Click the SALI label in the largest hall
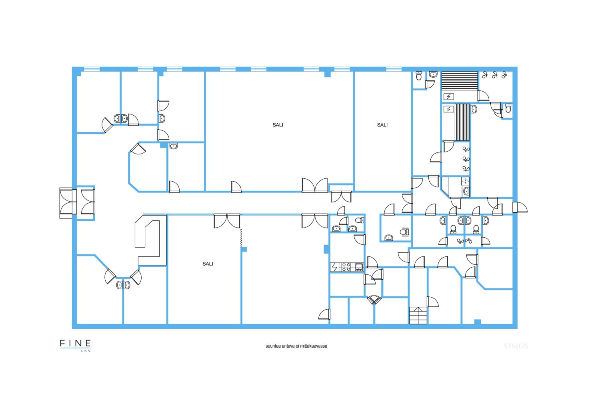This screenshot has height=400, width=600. [278, 125]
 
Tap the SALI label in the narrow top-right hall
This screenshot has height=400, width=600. [382, 125]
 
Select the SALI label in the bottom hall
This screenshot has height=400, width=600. [208, 264]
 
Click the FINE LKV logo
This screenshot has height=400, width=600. [75, 346]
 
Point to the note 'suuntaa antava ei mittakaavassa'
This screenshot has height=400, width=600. [296, 346]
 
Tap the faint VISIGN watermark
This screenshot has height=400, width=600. [516, 346]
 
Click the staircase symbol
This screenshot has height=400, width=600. [418, 316]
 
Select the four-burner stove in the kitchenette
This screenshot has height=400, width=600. [346, 267]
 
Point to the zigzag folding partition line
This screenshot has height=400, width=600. [241, 238]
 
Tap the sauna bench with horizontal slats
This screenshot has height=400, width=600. [460, 81]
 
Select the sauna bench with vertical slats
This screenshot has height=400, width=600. [462, 122]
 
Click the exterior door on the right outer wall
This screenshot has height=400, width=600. [520, 207]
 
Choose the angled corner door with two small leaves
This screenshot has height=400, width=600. [374, 300]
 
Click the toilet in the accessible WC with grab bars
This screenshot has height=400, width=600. [404, 232]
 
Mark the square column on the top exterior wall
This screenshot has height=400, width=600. [327, 74]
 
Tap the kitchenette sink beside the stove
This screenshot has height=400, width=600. [359, 267]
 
